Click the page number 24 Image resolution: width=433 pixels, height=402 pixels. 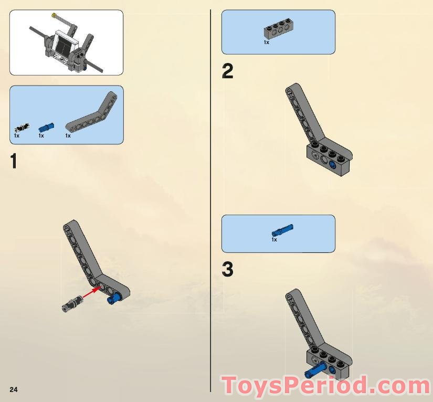click(14, 389)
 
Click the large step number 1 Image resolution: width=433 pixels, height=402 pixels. click(14, 161)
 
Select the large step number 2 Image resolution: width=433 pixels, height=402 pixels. click(227, 72)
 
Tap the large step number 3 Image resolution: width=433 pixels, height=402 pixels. click(227, 270)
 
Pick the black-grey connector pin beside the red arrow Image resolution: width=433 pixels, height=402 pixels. click(72, 303)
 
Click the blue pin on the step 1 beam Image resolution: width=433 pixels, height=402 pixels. click(112, 299)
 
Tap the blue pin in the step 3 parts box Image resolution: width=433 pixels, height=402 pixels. click(282, 230)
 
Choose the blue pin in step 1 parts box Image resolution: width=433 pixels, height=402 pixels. click(46, 126)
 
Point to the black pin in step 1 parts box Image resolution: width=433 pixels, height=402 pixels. click(22, 128)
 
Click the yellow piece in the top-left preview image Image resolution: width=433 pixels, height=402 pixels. click(53, 17)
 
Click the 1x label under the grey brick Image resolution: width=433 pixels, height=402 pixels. click(267, 43)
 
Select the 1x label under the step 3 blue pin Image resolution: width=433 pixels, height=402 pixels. click(274, 240)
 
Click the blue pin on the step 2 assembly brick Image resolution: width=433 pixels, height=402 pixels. click(333, 165)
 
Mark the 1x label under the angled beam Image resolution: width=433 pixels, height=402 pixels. click(68, 136)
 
